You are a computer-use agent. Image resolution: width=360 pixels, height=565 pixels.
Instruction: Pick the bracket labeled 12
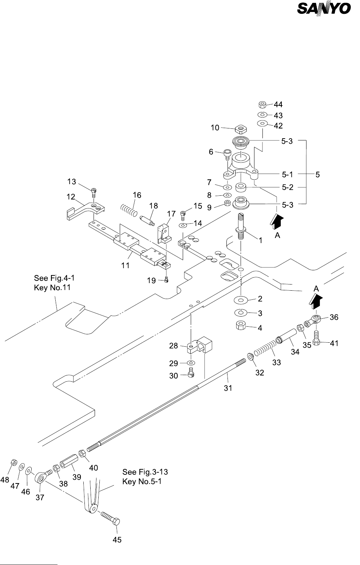pyautogui.click(x=86, y=208)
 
